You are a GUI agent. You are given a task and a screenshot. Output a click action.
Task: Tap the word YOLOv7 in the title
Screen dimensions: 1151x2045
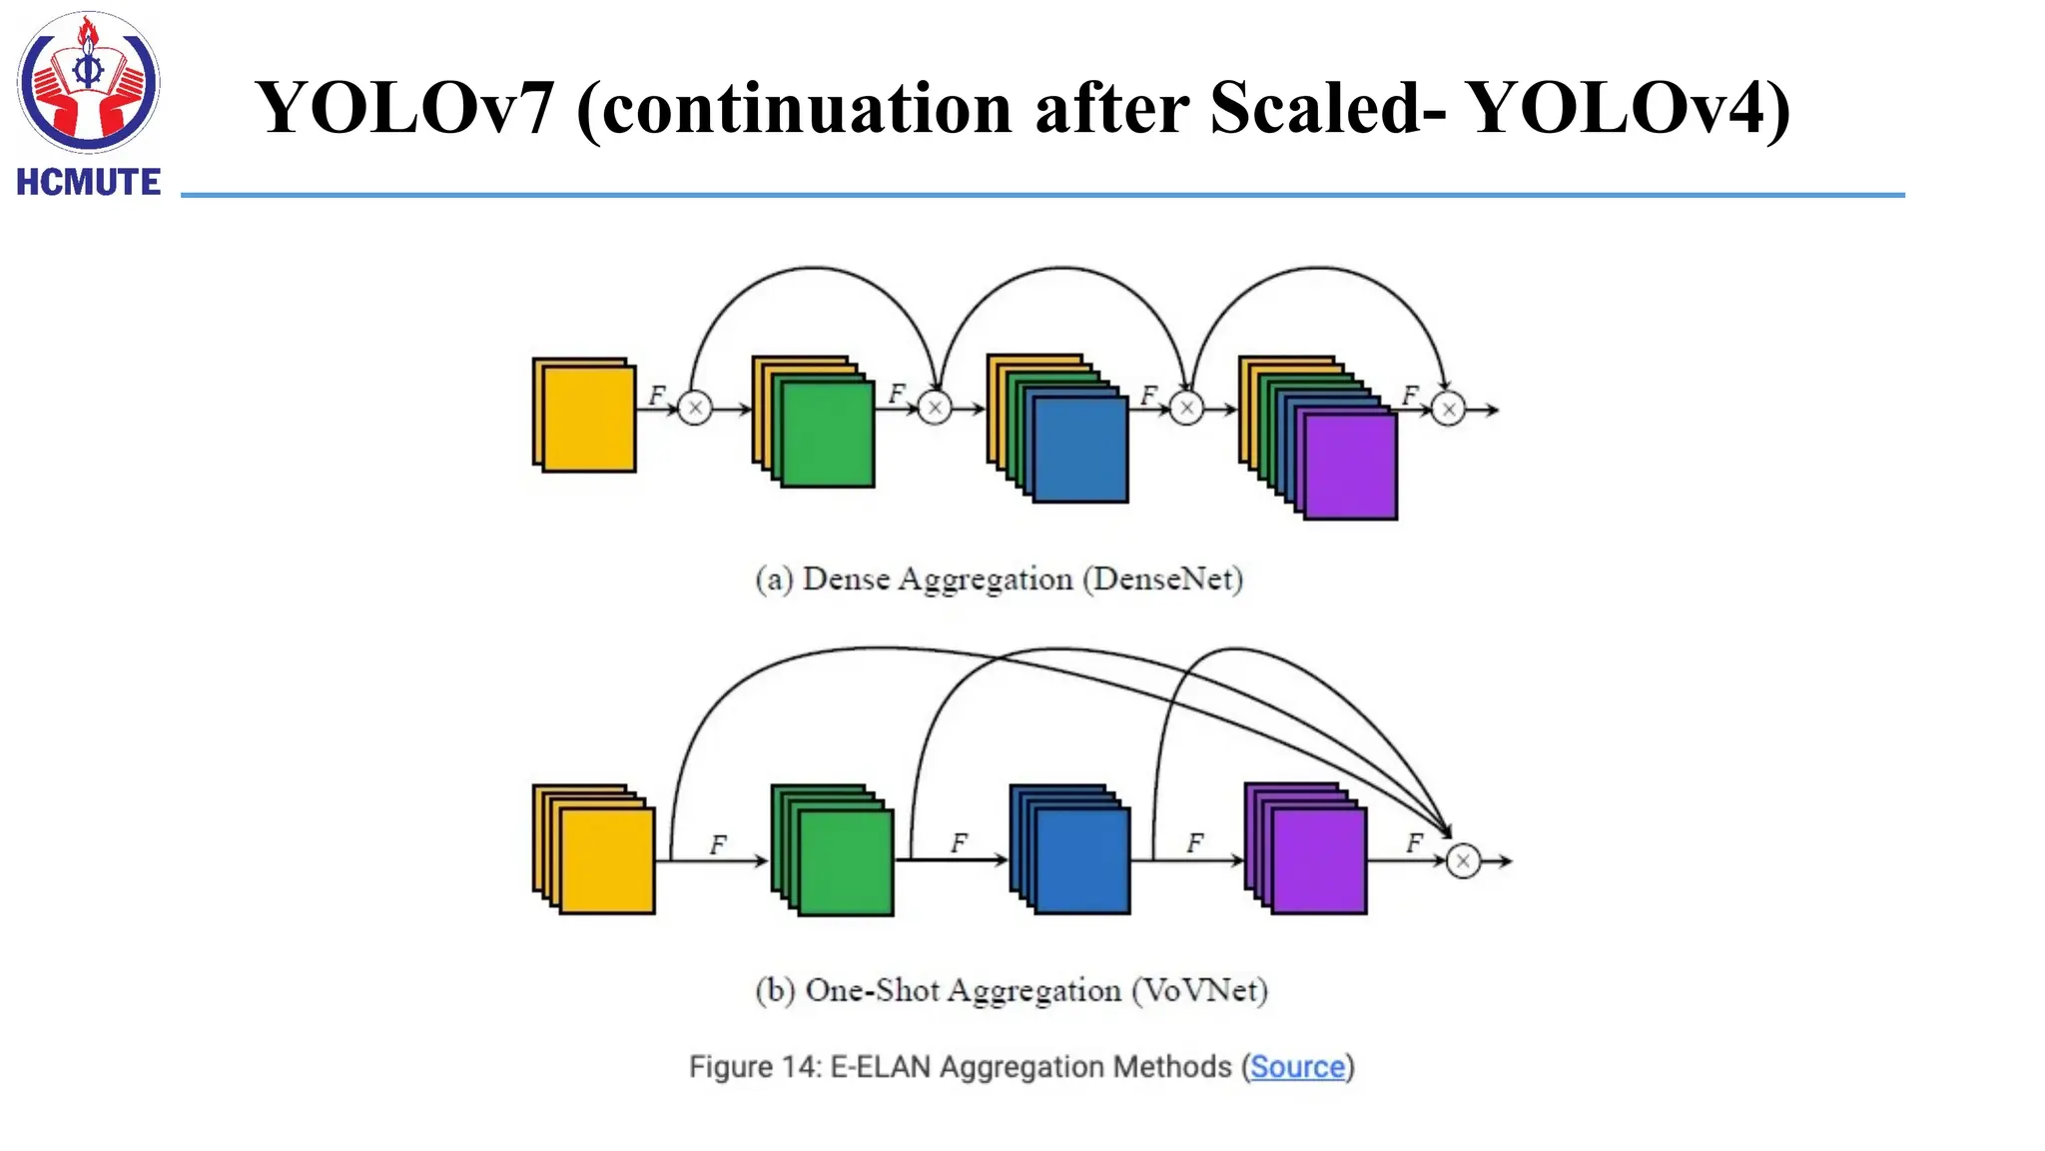coord(404,108)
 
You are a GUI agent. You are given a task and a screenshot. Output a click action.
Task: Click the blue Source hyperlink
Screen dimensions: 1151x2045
coord(1297,1067)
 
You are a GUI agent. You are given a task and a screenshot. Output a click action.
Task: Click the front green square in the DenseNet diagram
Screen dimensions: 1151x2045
coord(827,436)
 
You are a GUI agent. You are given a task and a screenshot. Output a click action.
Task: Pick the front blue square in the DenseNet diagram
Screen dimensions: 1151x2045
coord(1080,450)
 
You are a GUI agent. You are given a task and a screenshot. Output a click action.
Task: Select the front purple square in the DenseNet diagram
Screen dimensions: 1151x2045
coord(1350,467)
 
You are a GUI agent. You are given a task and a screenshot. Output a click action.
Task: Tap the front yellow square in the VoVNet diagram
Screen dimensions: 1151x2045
coord(607,860)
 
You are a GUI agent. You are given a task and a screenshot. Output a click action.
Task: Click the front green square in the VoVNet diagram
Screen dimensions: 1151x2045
coord(846,862)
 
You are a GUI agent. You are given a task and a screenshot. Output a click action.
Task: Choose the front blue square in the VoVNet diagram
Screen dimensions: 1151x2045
coord(1082,861)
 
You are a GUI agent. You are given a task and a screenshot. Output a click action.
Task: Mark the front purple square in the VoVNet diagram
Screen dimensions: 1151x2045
coord(1319,861)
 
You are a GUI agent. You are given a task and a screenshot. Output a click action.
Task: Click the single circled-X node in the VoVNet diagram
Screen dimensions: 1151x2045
coord(1463,860)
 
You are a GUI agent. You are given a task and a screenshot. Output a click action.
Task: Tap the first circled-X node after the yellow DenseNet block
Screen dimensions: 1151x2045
coord(695,408)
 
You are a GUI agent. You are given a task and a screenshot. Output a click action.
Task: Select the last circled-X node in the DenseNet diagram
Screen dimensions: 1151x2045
coord(1448,409)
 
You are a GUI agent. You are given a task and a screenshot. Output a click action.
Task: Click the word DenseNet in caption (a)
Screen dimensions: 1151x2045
coord(1163,579)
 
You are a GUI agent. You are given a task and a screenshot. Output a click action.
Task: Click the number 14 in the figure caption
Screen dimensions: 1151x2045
coord(800,1067)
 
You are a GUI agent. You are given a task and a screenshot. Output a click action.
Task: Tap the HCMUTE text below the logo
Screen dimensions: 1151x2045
coord(88,182)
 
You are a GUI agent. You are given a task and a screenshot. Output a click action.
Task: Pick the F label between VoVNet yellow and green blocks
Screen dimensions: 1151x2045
coord(718,845)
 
